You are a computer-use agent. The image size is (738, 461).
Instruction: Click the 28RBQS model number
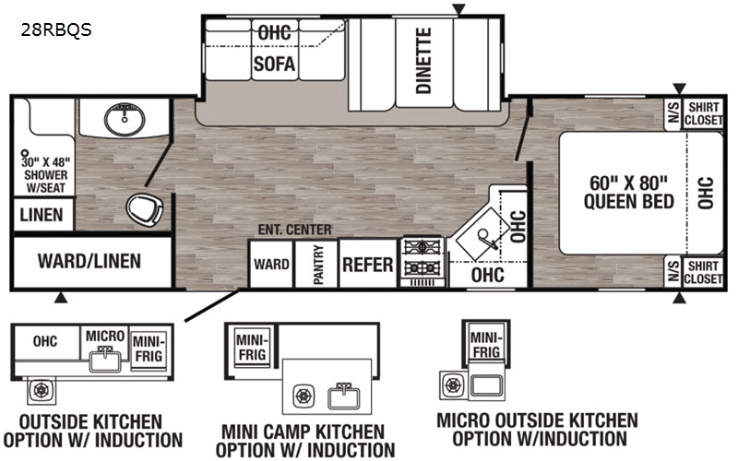coord(56,30)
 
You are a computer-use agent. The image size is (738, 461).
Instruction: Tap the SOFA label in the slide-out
coord(274,64)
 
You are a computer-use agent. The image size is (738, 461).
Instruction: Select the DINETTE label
coord(423,60)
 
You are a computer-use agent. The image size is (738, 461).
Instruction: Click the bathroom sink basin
coord(125,119)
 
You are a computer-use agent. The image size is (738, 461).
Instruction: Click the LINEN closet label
coord(42,215)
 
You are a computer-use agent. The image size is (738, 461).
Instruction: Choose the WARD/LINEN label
coord(89,261)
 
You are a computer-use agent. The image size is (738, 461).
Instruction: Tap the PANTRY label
coord(318,265)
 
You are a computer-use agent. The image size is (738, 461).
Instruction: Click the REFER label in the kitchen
coord(367,265)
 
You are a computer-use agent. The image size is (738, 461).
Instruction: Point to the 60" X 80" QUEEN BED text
coord(629,192)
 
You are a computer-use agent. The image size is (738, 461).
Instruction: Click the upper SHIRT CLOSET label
coord(704,113)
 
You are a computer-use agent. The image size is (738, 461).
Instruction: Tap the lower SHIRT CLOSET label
coord(703,272)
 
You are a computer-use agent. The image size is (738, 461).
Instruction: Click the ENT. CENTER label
coord(294,230)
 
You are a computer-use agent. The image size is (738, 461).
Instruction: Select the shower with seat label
coord(46,174)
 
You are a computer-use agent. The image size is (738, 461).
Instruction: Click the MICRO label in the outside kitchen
coord(105,336)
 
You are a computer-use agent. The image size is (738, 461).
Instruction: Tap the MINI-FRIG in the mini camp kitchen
coord(252,348)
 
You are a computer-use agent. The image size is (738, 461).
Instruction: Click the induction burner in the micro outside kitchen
coord(453,385)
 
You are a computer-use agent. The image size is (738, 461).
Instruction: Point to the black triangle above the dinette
coord(458,9)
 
